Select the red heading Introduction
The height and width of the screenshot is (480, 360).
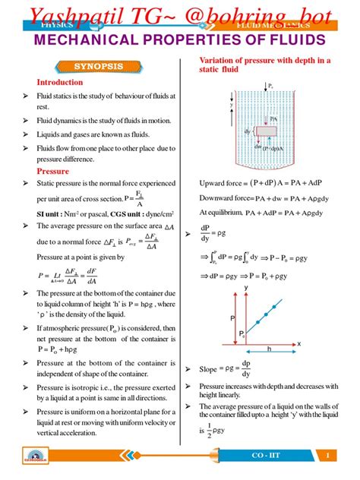pyautogui.click(x=61, y=82)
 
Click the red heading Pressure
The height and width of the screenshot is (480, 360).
pyautogui.click(x=53, y=172)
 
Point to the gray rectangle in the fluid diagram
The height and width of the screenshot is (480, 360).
pyautogui.click(x=267, y=131)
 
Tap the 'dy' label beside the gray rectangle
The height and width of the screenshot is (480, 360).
pyautogui.click(x=248, y=131)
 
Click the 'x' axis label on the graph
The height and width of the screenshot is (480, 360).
pyautogui.click(x=298, y=343)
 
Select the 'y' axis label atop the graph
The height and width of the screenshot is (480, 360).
pyautogui.click(x=246, y=288)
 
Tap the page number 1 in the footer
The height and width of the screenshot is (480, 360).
pyautogui.click(x=327, y=455)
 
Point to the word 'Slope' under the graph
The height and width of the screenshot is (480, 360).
pyautogui.click(x=209, y=370)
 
